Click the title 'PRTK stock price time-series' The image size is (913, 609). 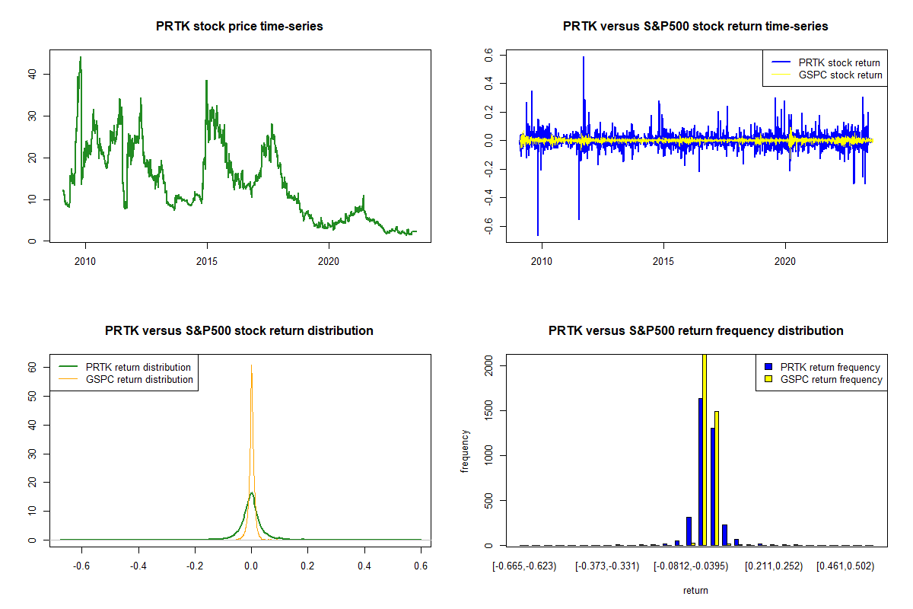[239, 27]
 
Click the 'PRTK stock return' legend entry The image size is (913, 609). [838, 62]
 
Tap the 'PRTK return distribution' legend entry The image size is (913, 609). [138, 367]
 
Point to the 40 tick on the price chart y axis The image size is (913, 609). [34, 74]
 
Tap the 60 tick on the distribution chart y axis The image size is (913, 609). [34, 366]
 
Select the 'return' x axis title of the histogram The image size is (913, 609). [695, 589]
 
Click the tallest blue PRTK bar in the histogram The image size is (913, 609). [701, 472]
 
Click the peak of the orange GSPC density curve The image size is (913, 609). [251, 366]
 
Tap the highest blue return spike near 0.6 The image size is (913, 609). [584, 58]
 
